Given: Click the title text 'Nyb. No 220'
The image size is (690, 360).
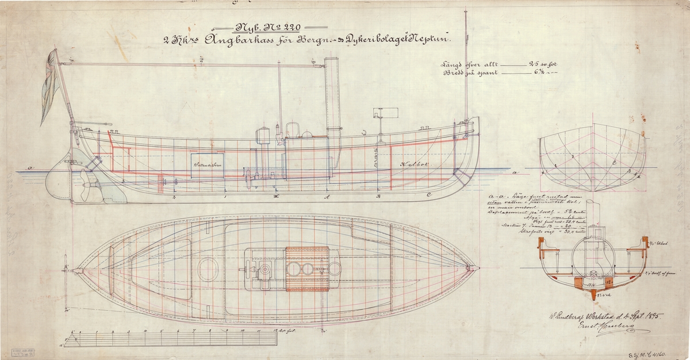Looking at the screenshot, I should point(269,27).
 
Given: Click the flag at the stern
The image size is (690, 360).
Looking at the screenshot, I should point(49,86).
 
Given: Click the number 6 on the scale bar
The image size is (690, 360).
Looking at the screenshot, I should point(179,332).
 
